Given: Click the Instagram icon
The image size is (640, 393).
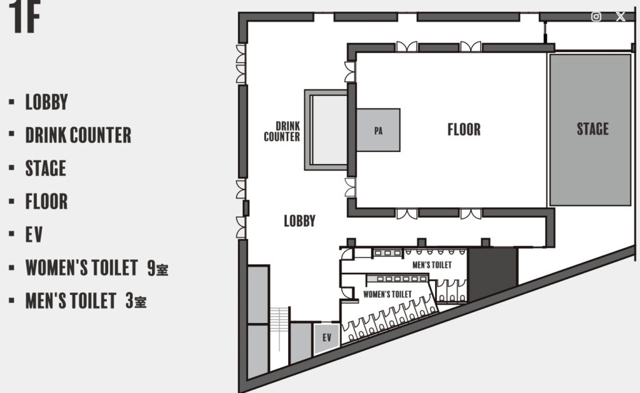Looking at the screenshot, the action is (x=596, y=16).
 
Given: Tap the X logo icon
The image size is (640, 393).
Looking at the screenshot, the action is (x=621, y=16).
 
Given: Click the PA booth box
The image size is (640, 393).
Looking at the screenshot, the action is (x=378, y=130).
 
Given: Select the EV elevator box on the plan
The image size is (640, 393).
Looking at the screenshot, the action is (x=326, y=338).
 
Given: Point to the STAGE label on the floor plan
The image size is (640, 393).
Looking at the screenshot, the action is (x=592, y=129).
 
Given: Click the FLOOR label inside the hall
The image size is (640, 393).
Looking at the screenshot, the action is (x=464, y=130).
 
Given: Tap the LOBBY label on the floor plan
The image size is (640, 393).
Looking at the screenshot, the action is (x=299, y=221).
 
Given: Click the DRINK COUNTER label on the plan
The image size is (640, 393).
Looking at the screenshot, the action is (x=282, y=131).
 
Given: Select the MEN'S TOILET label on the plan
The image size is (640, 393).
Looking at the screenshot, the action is (x=432, y=265).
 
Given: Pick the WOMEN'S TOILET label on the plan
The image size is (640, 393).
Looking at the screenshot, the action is (x=387, y=294).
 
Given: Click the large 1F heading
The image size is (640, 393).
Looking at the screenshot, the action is (x=24, y=16).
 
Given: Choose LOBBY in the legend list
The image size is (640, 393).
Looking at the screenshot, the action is (x=46, y=102).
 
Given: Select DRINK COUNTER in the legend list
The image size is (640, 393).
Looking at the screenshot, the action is (x=78, y=135).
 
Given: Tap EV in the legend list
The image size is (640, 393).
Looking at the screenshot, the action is (x=34, y=235).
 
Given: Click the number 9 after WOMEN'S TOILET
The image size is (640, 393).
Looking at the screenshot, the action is (x=151, y=268).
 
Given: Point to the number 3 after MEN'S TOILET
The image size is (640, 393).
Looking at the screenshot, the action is (x=130, y=300).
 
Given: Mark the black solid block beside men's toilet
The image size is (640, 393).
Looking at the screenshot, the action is (x=492, y=273).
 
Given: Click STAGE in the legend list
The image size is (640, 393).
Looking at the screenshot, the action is (x=46, y=168).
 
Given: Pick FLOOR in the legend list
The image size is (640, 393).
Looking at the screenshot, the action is (x=46, y=202).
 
